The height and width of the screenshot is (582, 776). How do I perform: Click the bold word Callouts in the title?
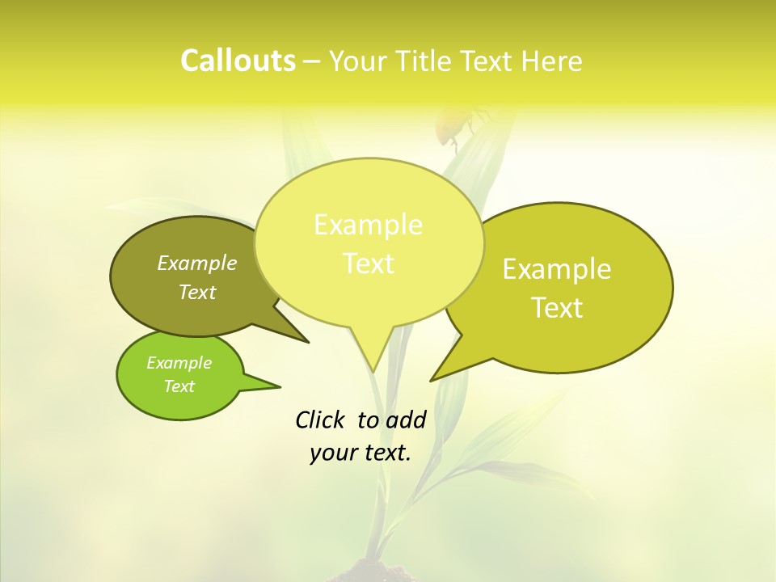(x=238, y=61)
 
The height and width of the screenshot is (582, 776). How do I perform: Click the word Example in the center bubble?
(x=368, y=225)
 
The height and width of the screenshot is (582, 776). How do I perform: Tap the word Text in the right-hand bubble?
(x=557, y=307)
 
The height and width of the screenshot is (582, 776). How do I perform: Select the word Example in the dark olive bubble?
(x=197, y=263)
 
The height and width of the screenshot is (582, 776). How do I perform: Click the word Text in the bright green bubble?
(x=179, y=386)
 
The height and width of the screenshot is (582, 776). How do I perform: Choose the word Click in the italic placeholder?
(x=321, y=420)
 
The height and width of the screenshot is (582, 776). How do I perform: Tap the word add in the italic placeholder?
(x=405, y=420)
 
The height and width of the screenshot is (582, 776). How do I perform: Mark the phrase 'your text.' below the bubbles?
(x=360, y=453)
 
